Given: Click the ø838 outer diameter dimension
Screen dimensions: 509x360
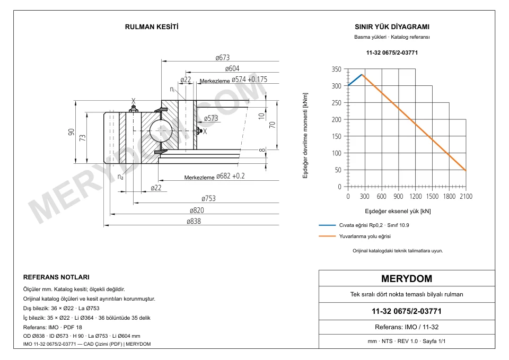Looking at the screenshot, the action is coord(194,221).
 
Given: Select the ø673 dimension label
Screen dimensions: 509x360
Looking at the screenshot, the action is coord(222,57).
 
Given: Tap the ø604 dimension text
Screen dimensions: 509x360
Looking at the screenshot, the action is coord(232,68).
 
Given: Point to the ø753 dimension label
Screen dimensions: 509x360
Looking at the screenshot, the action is coord(208,198).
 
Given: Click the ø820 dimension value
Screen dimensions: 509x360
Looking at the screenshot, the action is coord(197,210).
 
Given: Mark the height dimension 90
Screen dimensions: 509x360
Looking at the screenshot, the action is coord(71,132).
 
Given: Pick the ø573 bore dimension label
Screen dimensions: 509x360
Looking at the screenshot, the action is coord(211,118).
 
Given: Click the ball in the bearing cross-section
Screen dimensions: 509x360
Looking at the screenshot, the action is coord(161,130).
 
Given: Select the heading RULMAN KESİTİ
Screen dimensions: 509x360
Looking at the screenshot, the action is coord(152,27).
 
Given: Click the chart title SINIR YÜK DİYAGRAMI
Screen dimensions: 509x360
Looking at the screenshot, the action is coord(392,27).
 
